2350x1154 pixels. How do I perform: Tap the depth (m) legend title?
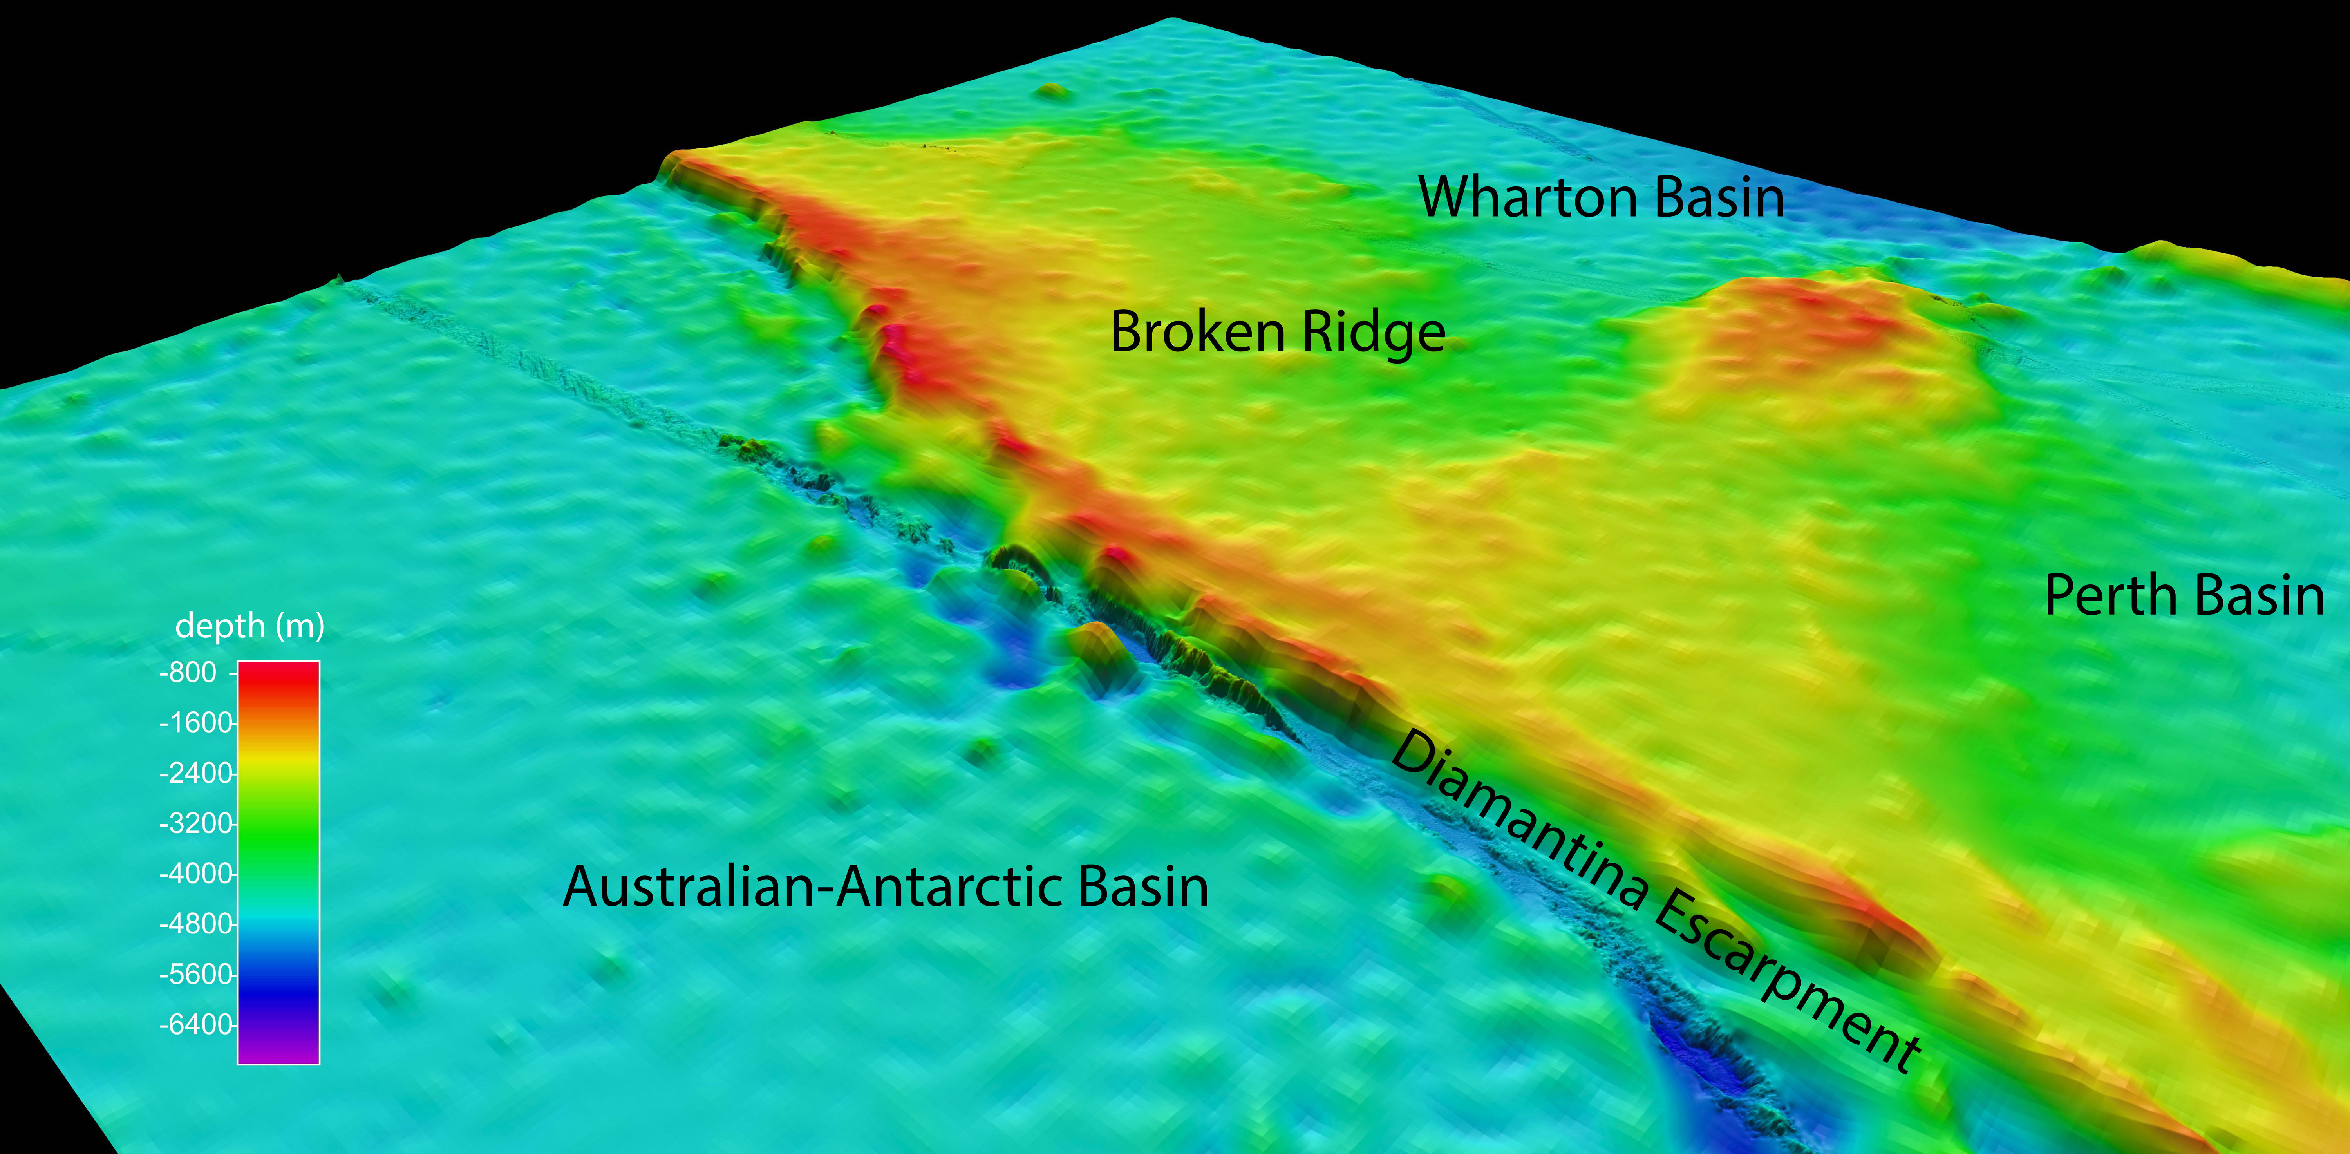(x=249, y=626)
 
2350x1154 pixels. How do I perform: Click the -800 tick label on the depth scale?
(x=188, y=673)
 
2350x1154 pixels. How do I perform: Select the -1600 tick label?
(x=195, y=724)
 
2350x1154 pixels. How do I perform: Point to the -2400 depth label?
(x=195, y=774)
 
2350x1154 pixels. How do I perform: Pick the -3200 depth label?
(x=195, y=824)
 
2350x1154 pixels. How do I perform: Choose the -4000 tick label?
(x=195, y=874)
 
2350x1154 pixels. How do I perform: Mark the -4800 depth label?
(x=195, y=924)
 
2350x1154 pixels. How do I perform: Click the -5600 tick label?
(x=195, y=974)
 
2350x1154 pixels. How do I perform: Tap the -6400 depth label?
(x=195, y=1024)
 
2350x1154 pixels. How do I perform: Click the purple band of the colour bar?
(x=278, y=1049)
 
